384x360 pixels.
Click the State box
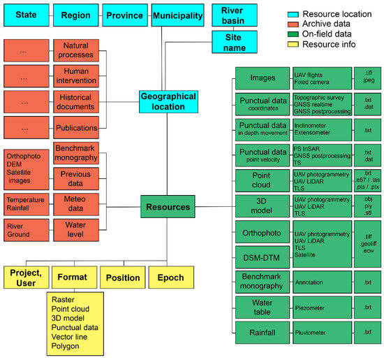coord(26,15)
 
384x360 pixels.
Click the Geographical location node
coord(163,101)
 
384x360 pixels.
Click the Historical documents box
coord(76,101)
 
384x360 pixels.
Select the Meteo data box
coord(76,203)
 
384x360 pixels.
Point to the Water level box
coord(76,230)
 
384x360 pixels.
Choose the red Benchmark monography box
coord(76,153)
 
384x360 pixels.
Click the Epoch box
coord(171,278)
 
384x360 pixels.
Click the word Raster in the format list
coord(62,298)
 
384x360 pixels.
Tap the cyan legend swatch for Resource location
coord(293,14)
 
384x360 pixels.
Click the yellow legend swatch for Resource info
coord(293,44)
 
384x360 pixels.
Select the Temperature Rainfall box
coord(26,203)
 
